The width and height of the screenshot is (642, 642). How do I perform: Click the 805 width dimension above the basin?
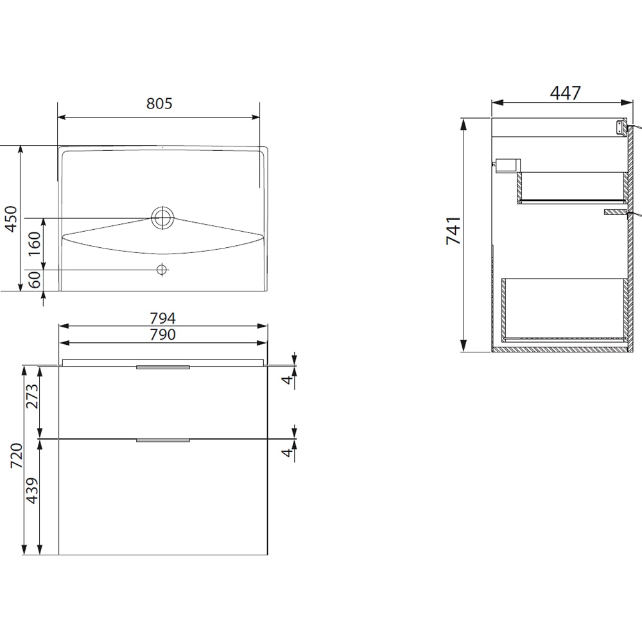tap(159, 103)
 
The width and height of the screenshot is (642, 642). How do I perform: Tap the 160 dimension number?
tap(34, 244)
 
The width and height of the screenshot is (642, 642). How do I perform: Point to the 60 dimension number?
tap(34, 280)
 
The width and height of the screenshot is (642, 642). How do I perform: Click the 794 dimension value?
tap(163, 318)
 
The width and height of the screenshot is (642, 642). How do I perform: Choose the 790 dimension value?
tap(163, 334)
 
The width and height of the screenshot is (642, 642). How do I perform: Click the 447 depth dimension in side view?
tap(565, 93)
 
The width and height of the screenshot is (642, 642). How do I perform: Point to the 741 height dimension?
tap(453, 232)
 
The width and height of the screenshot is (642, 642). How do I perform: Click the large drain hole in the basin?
tap(162, 218)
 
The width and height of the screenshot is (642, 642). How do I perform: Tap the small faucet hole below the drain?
tap(162, 270)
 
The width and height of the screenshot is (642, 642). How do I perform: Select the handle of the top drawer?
tap(163, 368)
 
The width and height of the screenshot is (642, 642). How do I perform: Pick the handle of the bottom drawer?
tap(163, 440)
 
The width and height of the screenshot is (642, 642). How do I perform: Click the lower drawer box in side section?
tap(564, 308)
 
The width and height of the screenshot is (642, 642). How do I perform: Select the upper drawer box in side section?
tap(571, 187)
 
